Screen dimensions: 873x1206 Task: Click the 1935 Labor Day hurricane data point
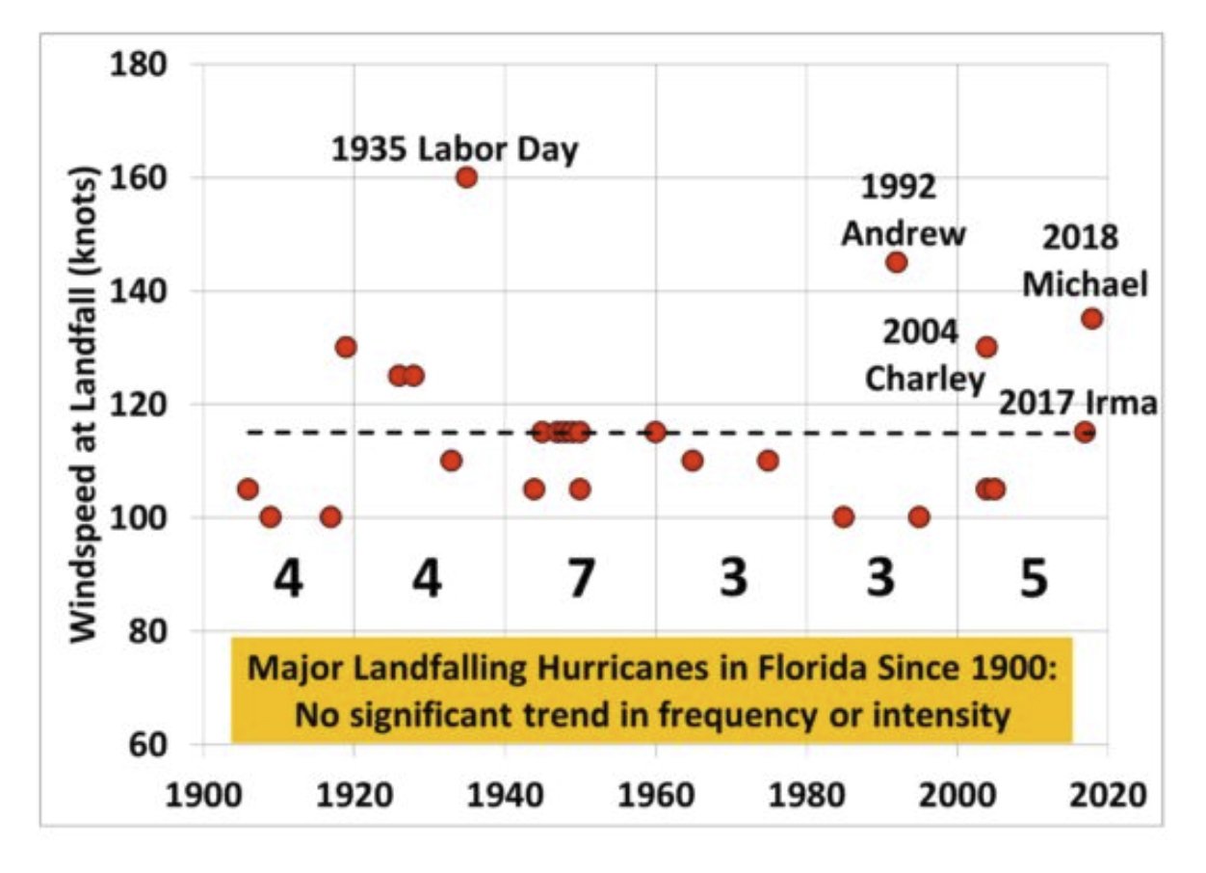click(467, 177)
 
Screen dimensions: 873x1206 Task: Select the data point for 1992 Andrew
click(897, 262)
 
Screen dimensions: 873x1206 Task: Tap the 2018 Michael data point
click(1091, 319)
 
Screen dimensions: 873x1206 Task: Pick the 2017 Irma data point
click(1085, 432)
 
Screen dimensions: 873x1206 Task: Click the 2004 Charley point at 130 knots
click(986, 347)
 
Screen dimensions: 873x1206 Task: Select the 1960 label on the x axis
click(655, 797)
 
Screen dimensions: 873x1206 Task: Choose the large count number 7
click(577, 581)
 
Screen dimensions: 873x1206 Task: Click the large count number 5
click(1033, 581)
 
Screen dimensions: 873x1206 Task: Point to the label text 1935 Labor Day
click(455, 150)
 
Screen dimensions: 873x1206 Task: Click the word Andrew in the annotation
click(903, 233)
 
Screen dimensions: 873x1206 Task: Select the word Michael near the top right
click(1085, 285)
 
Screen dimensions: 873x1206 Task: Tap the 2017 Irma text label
click(1077, 403)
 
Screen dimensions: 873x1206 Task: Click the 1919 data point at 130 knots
click(346, 347)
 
